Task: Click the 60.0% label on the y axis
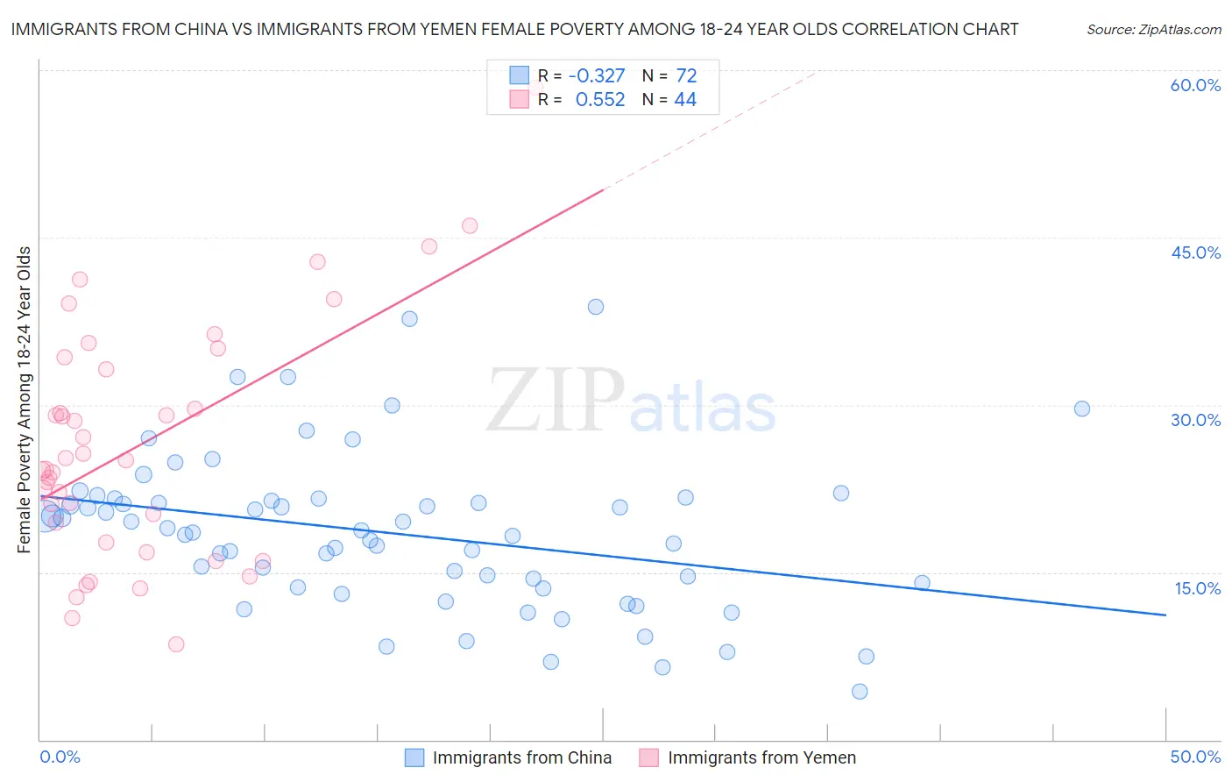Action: click(x=1195, y=85)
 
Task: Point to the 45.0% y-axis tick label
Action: click(x=1195, y=252)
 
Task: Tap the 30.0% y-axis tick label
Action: click(x=1195, y=420)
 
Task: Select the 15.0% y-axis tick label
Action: click(x=1197, y=588)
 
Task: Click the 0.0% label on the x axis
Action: click(x=60, y=757)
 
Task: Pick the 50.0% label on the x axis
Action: click(x=1195, y=757)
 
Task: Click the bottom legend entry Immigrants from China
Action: click(x=521, y=757)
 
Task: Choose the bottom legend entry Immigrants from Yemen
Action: click(x=761, y=757)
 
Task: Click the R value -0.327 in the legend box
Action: click(x=597, y=76)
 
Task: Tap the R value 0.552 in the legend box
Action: click(x=600, y=100)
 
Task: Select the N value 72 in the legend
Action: click(x=686, y=76)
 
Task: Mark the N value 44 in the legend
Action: click(x=685, y=100)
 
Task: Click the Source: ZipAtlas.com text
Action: click(x=1153, y=30)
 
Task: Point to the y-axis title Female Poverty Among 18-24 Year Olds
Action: click(x=25, y=400)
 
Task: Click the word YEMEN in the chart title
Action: click(x=509, y=29)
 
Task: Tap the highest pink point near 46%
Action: click(x=470, y=226)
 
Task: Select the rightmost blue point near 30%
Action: click(x=1082, y=409)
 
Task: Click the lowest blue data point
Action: click(x=860, y=692)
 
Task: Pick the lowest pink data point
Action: click(x=176, y=644)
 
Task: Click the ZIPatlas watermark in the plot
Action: click(x=631, y=402)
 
